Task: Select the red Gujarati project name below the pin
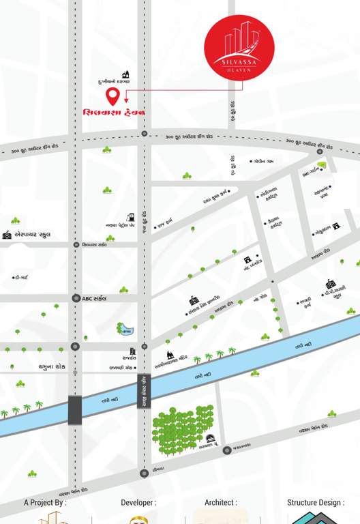115,111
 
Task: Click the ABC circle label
95,298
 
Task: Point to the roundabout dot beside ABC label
76,298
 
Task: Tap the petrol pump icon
132,214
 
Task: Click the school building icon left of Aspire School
7,234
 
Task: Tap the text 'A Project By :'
45,503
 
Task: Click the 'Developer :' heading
138,503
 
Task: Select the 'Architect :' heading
221,503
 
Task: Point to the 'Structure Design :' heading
316,503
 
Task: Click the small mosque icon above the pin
125,74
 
